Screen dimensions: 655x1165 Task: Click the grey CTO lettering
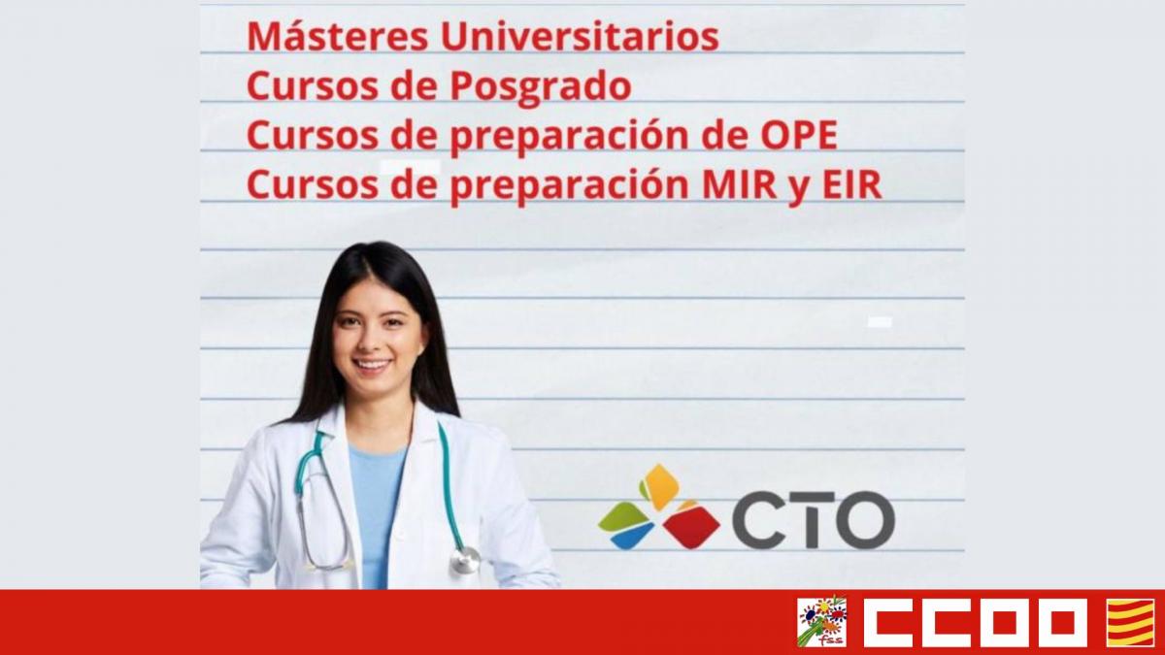coord(813,521)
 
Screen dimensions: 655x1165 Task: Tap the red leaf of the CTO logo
coord(691,526)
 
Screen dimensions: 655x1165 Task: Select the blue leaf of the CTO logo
coord(633,535)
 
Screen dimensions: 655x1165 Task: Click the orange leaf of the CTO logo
coord(661,485)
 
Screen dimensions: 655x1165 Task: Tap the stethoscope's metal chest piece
coord(466,561)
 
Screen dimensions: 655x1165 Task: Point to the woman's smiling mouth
coord(372,365)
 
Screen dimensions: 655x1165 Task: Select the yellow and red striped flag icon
coord(1130,622)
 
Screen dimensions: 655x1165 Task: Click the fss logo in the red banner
coord(821,622)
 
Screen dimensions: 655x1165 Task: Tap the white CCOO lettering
coord(975,622)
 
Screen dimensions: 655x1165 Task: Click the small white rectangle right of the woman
coord(880,321)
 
